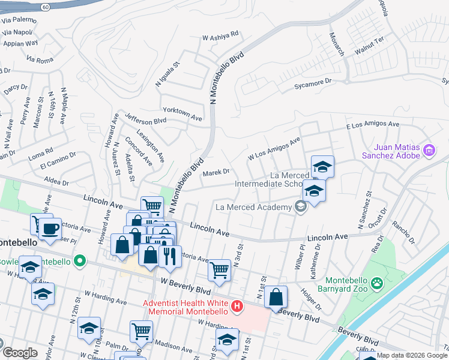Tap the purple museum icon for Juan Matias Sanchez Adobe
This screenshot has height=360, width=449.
pos(429,150)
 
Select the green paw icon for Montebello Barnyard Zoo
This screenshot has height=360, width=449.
pos(376,281)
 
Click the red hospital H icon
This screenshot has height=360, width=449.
pos(237,307)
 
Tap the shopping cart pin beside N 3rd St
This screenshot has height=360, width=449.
pos(220,269)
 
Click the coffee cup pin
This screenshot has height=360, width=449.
pos(51,229)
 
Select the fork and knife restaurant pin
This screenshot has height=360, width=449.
pos(170,256)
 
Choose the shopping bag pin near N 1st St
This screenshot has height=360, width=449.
pos(276,296)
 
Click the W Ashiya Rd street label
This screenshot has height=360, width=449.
pos(220,36)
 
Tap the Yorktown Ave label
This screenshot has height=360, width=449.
pos(182,111)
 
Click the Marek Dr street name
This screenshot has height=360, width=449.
pos(216,172)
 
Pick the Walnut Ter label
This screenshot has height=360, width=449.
pos(369,47)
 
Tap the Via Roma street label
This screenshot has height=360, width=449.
pos(40,59)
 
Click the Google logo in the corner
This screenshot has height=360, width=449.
pos(19,353)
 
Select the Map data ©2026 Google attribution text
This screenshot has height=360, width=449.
pos(412,355)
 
